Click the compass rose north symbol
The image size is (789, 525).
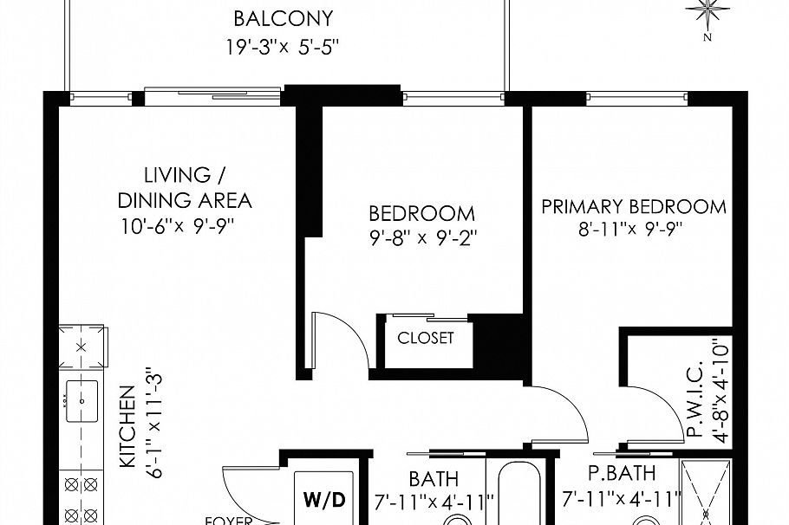coord(709,13)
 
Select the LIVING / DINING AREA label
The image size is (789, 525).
coord(185,188)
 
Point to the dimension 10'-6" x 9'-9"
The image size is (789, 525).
coord(179,227)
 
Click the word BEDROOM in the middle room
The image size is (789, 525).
coord(421,213)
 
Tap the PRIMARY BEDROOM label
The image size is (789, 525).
coord(633,207)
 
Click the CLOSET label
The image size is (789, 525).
coord(425,338)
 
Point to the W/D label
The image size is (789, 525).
coord(324,500)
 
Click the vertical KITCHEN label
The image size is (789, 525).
coord(127,426)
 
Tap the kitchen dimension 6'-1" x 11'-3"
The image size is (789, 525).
coord(153,420)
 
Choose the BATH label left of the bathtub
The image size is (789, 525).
coord(434,478)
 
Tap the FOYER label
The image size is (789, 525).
coord(227,521)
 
